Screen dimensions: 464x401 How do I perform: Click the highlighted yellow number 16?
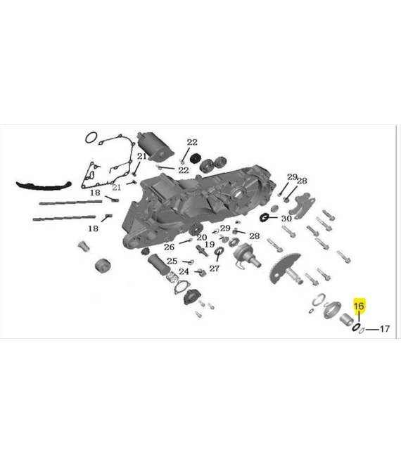359,306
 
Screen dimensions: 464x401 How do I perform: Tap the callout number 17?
385,328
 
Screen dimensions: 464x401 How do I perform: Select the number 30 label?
286,219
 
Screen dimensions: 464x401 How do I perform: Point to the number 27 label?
215,268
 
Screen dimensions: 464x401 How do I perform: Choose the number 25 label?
172,262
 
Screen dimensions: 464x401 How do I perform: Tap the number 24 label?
184,272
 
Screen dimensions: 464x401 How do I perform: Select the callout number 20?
201,238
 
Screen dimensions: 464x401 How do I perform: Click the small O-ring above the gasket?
90,137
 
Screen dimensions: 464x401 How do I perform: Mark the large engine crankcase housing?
190,204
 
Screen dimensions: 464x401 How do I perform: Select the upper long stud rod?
70,202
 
